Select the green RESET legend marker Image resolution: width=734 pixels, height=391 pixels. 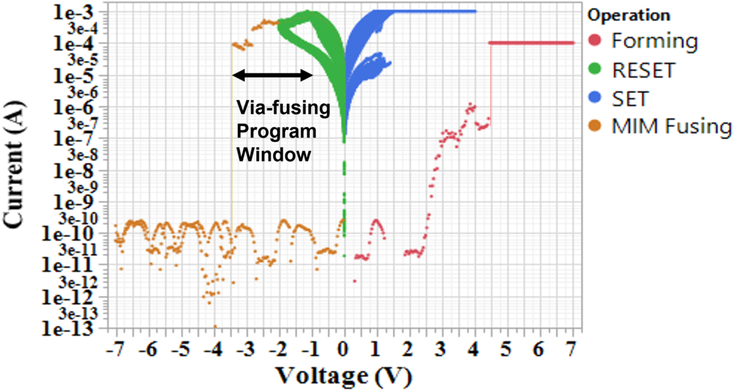pos(595,69)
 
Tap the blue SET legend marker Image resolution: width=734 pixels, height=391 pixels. pos(595,97)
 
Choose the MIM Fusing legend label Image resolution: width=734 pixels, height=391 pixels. pos(671,126)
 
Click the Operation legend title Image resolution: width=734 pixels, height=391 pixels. pos(629,15)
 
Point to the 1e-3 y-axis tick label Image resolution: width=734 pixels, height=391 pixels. pos(74,12)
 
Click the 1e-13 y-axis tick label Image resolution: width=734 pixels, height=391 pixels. pos(68,329)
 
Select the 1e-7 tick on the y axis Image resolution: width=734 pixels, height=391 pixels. pos(74,139)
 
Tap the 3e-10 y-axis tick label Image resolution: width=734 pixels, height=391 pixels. pos(79,218)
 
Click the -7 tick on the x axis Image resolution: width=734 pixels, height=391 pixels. pos(115,349)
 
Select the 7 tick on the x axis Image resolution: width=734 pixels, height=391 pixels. pos(570,349)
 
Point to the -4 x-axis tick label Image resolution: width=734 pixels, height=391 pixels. pos(213,349)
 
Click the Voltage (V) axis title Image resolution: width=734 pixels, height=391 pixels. pos(344,376)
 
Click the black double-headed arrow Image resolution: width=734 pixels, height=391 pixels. pos(273,75)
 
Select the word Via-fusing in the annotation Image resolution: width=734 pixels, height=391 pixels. pos(283,108)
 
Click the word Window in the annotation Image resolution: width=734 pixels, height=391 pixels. pos(273,155)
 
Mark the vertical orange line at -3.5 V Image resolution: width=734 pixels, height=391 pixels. pos(232,140)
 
